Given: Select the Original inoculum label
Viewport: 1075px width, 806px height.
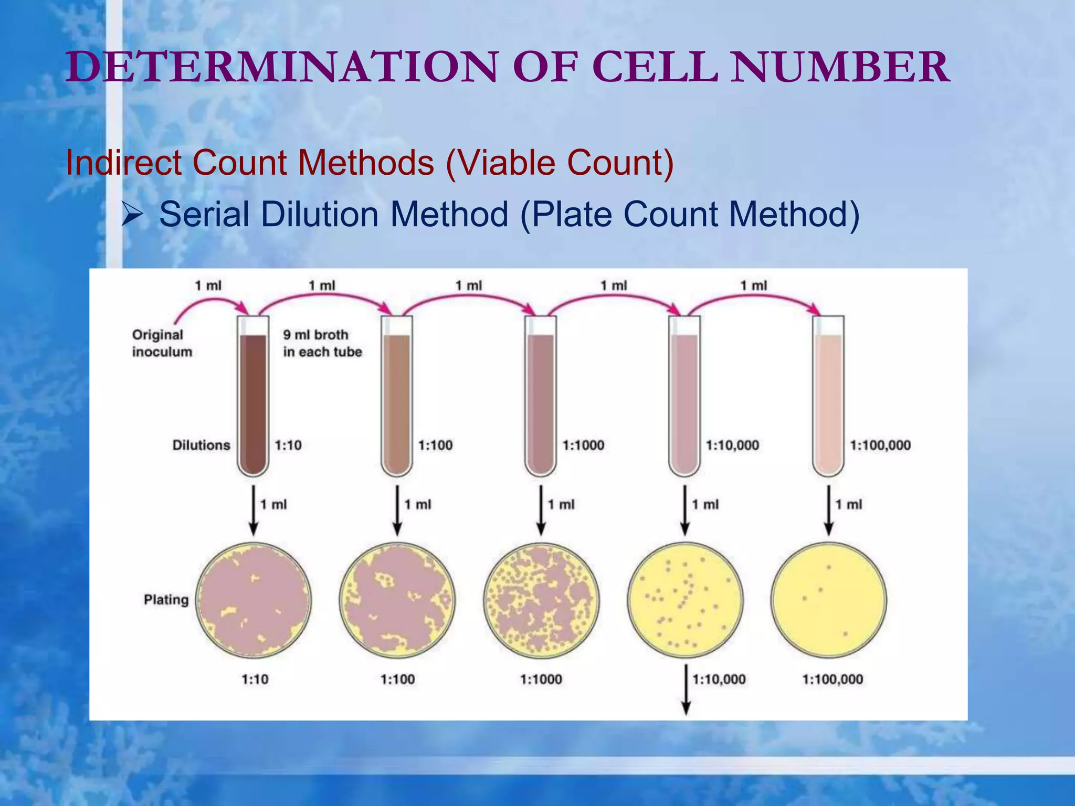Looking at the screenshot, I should [x=161, y=343].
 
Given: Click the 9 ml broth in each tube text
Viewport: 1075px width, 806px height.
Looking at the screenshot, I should [x=322, y=343].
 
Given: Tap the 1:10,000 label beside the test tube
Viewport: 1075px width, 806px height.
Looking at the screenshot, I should [x=732, y=446].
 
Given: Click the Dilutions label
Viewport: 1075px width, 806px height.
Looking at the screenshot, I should [x=201, y=446].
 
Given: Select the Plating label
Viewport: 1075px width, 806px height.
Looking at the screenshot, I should [x=166, y=600].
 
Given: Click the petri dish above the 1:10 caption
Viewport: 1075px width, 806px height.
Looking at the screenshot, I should [x=254, y=600].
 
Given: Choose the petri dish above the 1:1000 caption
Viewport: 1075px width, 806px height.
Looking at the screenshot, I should [x=541, y=600].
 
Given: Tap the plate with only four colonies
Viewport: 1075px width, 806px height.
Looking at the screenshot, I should [x=829, y=600].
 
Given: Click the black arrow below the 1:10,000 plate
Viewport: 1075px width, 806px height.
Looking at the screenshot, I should [x=686, y=690].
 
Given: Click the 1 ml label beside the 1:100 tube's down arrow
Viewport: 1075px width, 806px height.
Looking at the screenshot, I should [x=417, y=505].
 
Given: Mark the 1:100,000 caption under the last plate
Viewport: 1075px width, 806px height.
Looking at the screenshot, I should [x=832, y=680].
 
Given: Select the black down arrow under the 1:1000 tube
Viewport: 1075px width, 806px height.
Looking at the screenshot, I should [x=541, y=510].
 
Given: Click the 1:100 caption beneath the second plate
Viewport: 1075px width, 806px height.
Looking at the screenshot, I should [x=397, y=680].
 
